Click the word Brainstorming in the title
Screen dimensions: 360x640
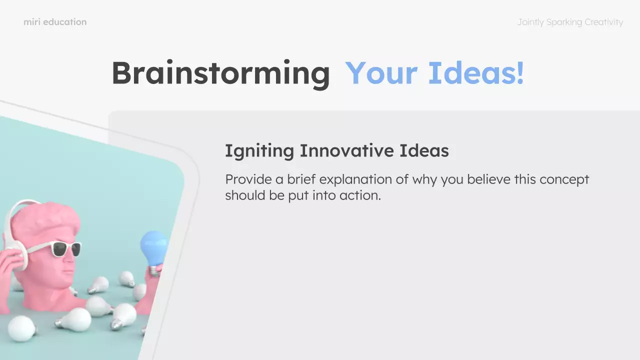(x=220, y=73)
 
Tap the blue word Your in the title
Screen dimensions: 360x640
(x=381, y=73)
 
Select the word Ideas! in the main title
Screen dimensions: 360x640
(x=476, y=73)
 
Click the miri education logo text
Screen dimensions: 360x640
(x=55, y=22)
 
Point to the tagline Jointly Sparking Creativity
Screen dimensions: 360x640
(x=570, y=22)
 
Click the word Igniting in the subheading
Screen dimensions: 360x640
(x=259, y=151)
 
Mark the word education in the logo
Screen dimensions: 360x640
(x=65, y=22)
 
